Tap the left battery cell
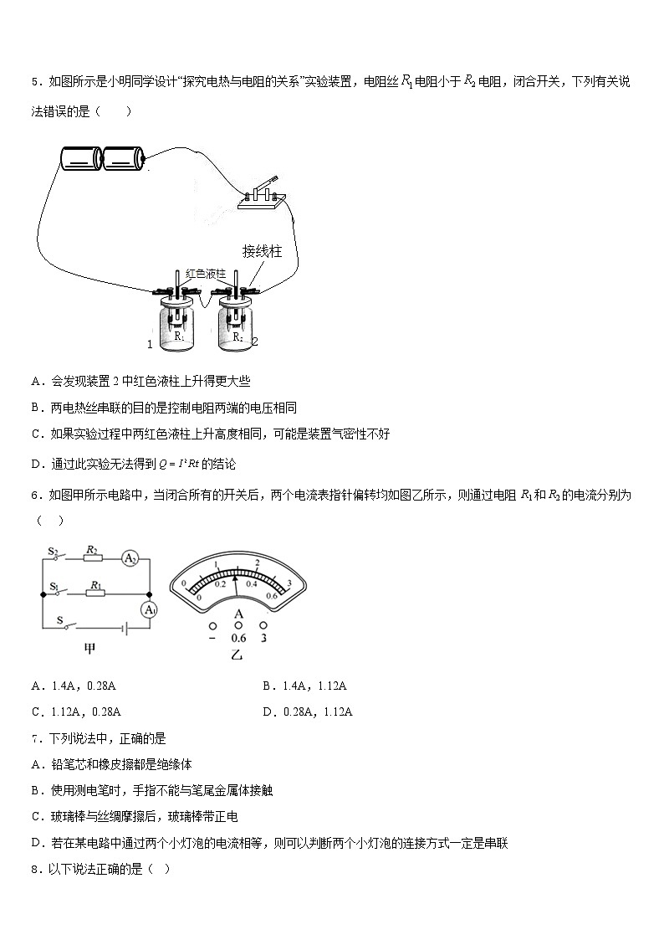click(81, 158)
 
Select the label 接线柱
click(261, 250)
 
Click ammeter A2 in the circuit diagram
click(130, 558)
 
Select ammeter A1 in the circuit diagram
click(149, 610)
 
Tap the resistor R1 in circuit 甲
click(96, 593)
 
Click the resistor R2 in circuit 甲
click(94, 558)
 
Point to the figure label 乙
click(237, 654)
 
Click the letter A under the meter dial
click(238, 614)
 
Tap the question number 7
click(36, 738)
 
